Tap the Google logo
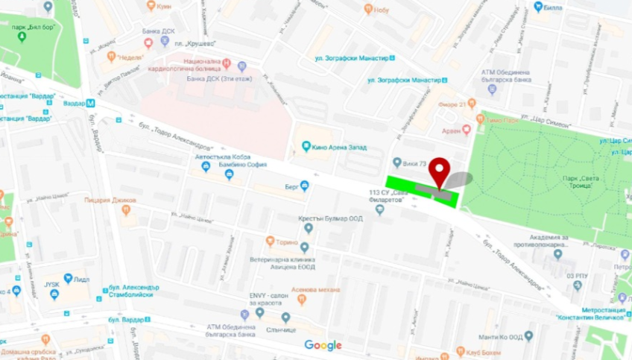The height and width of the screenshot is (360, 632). tap(323, 345)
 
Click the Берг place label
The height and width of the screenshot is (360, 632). tap(293, 187)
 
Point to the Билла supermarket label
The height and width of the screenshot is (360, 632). tap(554, 7)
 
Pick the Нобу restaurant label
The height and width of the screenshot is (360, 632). tap(381, 9)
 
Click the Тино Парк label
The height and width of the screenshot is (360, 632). tap(501, 120)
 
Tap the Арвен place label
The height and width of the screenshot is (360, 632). tap(452, 130)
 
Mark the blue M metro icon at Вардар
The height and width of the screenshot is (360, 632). tap(90, 103)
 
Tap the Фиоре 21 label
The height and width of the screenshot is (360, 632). tap(457, 104)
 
